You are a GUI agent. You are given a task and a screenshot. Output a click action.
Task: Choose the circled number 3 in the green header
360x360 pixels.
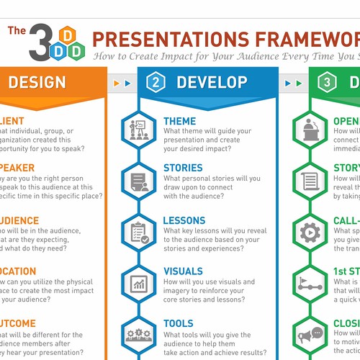pos(328,83)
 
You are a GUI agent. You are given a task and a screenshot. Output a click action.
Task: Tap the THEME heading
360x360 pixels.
pos(179,121)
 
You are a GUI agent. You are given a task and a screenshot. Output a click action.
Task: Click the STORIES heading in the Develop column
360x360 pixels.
pos(183,168)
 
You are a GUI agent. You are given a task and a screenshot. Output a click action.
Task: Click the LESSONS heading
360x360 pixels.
pos(184,220)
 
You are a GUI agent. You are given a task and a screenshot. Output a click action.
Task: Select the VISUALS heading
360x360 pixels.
pos(183,271)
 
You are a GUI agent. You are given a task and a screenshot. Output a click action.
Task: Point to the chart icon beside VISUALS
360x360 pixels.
pos(137,282)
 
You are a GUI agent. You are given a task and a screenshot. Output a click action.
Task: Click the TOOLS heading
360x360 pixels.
pos(179,324)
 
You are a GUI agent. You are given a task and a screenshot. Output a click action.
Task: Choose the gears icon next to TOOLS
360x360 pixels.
pos(137,334)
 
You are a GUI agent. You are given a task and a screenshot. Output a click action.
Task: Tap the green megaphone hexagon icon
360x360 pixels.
pos(310,334)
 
